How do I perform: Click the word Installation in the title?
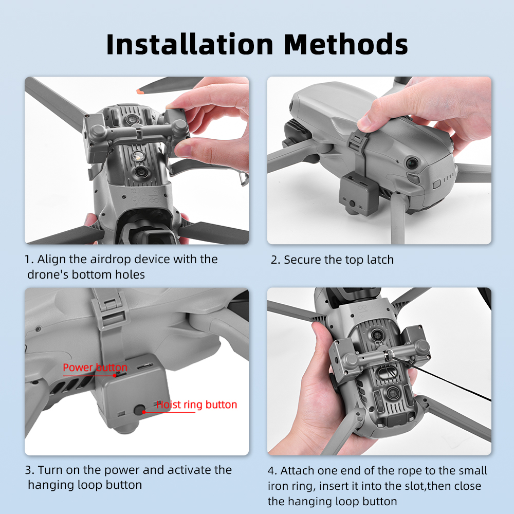pos(190,44)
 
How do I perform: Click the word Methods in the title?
pos(346,44)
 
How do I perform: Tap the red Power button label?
pos(95,368)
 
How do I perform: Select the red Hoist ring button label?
pos(197,405)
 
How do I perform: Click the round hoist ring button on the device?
pos(140,410)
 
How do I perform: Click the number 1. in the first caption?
pos(29,259)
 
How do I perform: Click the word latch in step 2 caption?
pos(380,260)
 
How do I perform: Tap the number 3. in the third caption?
pos(30,470)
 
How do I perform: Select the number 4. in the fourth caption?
pos(272,471)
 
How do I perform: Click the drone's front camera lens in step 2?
pos(412,163)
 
